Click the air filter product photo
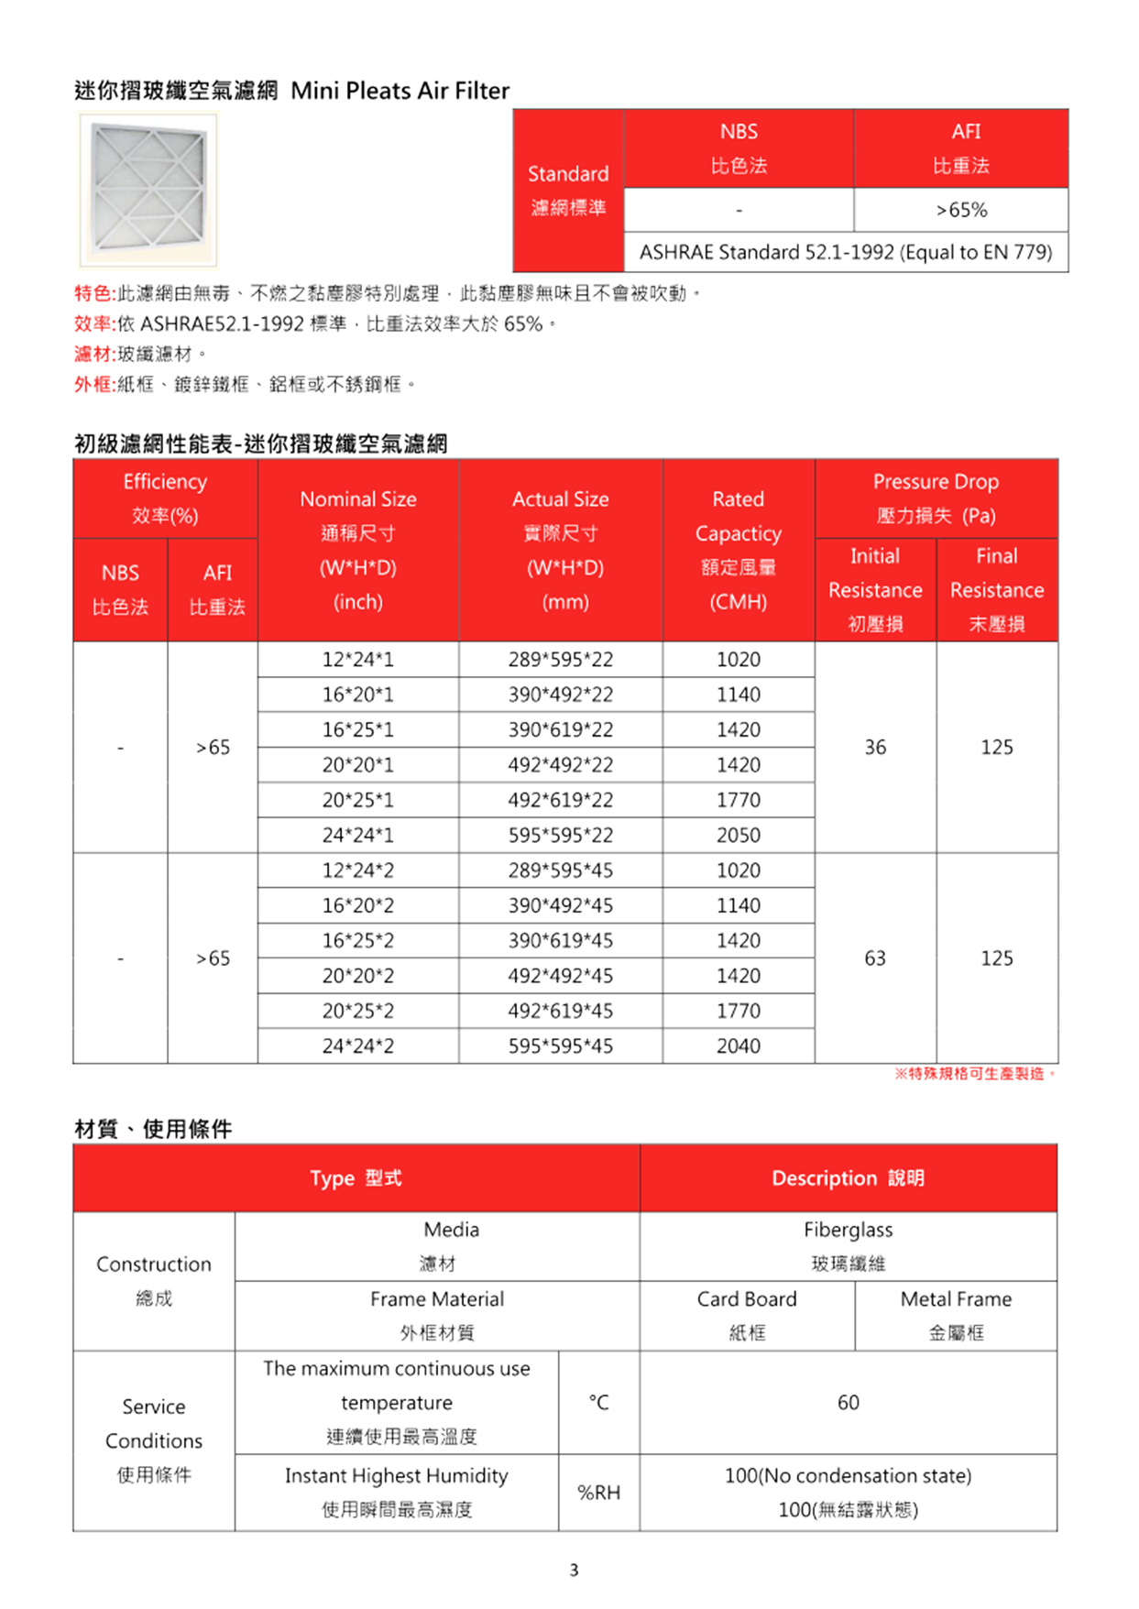pos(148,190)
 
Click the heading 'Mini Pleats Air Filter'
pos(400,91)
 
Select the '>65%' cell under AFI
pos(960,210)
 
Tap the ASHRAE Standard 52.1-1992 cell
pos(845,252)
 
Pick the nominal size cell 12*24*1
pos(357,660)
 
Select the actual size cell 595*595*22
pos(560,836)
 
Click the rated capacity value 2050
pos(738,836)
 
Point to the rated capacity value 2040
pos(738,1046)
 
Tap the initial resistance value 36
pos(875,748)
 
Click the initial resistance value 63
pos(875,958)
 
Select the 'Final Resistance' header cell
pos(996,589)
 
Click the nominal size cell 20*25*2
pos(357,1012)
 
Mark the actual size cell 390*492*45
pos(560,906)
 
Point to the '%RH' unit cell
pos(598,1493)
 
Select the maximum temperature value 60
pos(848,1403)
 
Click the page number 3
pos(574,1571)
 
